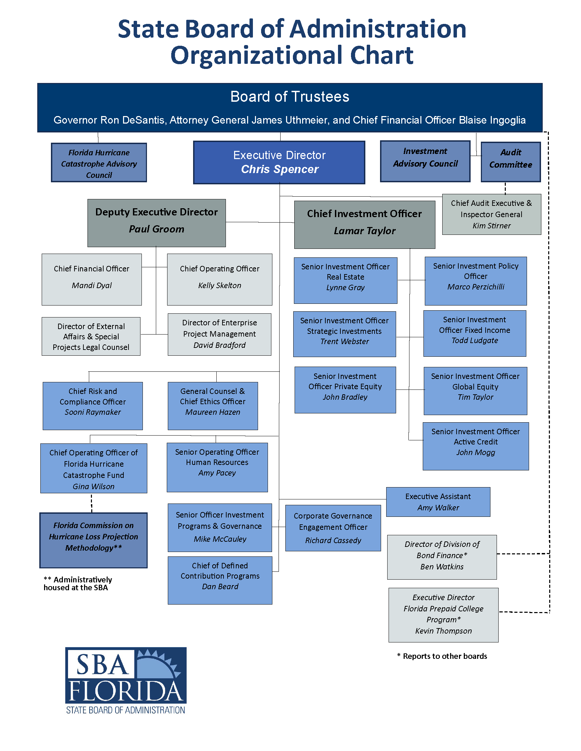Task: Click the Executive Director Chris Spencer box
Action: (279, 162)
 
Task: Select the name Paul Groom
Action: (157, 229)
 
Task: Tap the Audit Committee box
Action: (511, 162)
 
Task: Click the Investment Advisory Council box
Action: (425, 161)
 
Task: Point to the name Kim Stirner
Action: (491, 226)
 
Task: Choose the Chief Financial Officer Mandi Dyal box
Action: (92, 279)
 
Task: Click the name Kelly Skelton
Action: (220, 285)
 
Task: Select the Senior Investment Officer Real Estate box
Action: (345, 280)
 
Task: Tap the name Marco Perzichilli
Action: (476, 287)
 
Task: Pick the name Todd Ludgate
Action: (475, 340)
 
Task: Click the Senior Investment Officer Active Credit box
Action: (476, 446)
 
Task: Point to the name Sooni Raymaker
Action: (93, 412)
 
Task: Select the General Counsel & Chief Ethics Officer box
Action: (213, 406)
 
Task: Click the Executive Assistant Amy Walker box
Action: (438, 502)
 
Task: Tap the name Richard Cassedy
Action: (333, 541)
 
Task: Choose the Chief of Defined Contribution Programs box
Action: (220, 580)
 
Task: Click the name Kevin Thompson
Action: (443, 631)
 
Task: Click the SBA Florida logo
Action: (126, 680)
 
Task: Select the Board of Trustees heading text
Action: (290, 97)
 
